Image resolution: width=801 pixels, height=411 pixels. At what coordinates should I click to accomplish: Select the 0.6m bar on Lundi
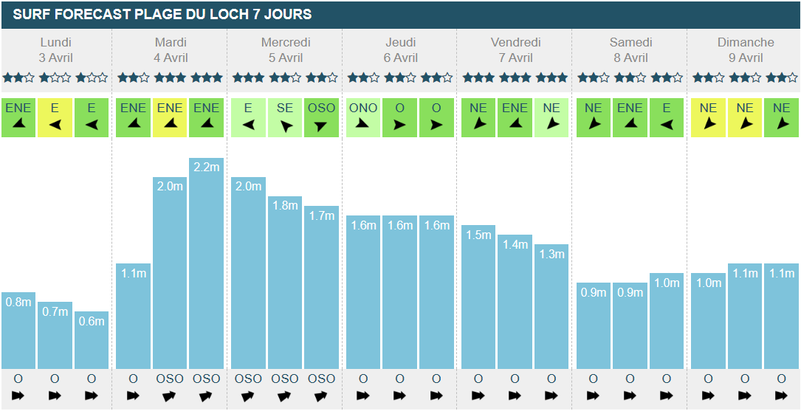click(x=92, y=340)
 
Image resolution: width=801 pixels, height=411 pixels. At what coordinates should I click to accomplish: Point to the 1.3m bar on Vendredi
click(x=551, y=306)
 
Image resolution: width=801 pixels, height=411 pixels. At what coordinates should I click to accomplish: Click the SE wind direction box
click(x=285, y=117)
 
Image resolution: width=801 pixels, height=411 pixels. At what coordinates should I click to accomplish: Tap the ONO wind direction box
click(x=363, y=117)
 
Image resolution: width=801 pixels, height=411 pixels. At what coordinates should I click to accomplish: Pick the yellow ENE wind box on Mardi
click(x=170, y=117)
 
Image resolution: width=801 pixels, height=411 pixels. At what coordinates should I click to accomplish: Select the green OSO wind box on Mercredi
click(x=321, y=117)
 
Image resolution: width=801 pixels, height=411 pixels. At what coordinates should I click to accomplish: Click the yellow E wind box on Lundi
click(x=55, y=117)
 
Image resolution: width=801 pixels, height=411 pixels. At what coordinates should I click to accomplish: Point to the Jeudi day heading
click(x=400, y=42)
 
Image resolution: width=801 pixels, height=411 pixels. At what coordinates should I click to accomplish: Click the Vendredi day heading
click(x=515, y=42)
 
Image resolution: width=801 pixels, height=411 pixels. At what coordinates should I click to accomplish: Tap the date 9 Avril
click(x=746, y=58)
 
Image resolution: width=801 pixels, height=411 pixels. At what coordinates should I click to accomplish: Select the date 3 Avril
click(x=55, y=58)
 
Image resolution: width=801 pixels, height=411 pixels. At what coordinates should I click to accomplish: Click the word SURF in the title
click(x=30, y=14)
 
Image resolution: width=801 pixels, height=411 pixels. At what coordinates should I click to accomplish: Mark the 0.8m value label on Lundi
click(x=18, y=302)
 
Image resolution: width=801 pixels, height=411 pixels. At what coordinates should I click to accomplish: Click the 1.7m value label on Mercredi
click(x=321, y=216)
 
